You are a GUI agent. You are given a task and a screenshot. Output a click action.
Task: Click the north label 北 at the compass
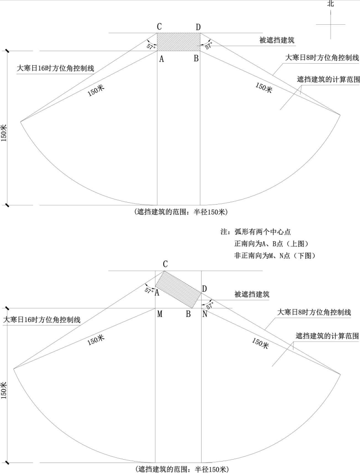point(331,4)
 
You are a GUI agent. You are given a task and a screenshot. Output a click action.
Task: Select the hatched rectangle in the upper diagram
point(178,42)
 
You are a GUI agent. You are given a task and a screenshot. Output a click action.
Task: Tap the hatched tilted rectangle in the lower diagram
point(178,290)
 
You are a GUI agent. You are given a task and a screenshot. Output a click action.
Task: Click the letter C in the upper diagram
point(159,27)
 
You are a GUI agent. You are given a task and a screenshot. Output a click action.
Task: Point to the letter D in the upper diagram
point(198,27)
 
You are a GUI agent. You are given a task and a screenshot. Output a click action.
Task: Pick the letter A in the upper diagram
point(162,59)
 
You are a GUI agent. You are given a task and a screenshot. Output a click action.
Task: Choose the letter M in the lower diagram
point(160,315)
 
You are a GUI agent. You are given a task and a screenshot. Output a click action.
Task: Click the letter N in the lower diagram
point(205,315)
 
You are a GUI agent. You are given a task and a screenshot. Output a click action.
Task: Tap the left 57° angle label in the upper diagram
point(151,47)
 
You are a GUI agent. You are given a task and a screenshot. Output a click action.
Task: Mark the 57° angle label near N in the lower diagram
point(210,305)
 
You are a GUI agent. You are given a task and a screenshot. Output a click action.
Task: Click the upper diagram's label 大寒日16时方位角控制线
point(55,68)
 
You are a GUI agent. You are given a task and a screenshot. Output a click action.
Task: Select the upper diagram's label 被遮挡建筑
point(277,40)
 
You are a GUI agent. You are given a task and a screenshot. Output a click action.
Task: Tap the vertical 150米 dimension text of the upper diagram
point(4,133)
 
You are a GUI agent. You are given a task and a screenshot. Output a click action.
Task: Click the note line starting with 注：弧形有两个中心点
point(256,232)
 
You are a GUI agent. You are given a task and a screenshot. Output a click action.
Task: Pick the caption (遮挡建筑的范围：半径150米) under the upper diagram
point(181,212)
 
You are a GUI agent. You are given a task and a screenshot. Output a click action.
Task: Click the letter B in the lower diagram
point(188,315)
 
